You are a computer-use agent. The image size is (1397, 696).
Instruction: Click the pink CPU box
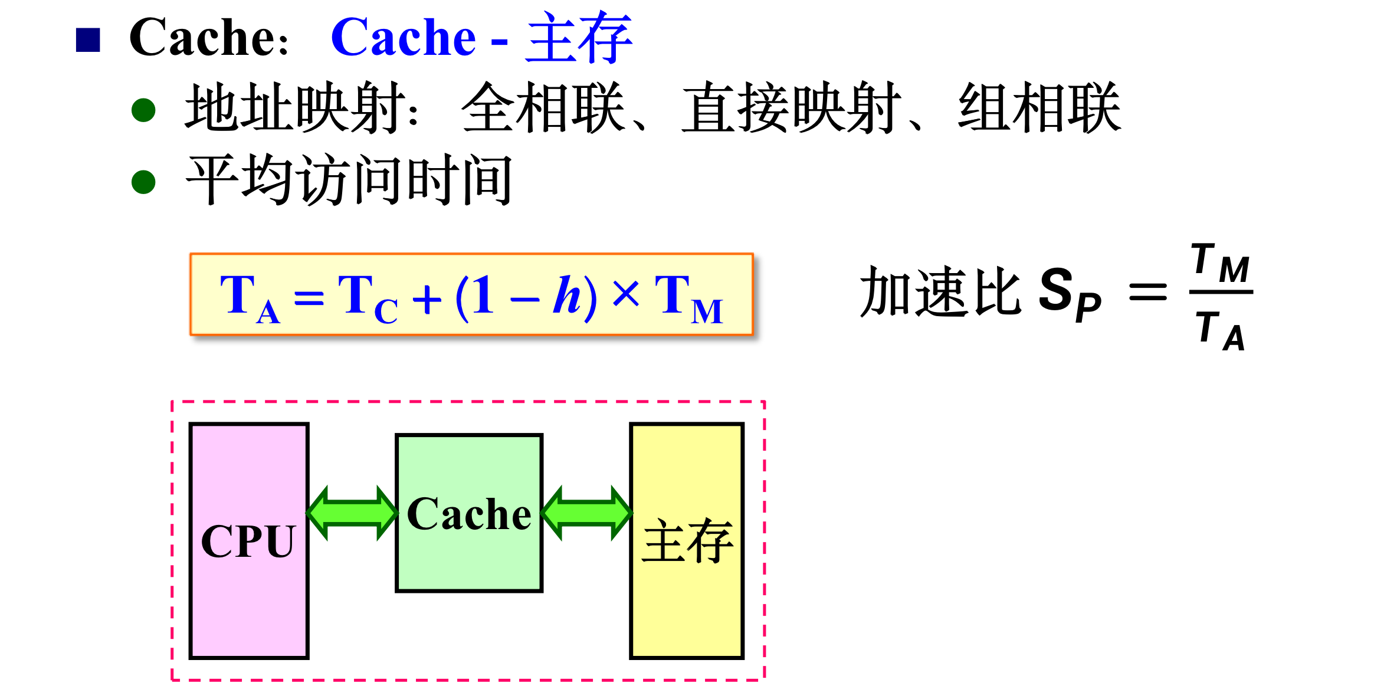[249, 540]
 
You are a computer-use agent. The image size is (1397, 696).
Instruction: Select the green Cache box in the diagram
[469, 513]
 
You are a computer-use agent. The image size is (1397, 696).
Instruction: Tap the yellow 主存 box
[687, 540]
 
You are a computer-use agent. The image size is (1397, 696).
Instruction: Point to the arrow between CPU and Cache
[352, 513]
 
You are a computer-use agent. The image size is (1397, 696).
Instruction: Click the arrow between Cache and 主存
[586, 513]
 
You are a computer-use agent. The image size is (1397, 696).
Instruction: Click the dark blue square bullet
[88, 40]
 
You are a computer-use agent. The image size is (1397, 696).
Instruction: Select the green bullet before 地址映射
[143, 110]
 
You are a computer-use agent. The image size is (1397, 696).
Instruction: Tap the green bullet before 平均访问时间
[143, 182]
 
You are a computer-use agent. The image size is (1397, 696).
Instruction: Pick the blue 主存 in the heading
[579, 38]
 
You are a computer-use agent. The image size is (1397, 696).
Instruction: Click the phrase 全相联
[543, 108]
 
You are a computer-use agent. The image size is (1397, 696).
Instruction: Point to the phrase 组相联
[1039, 108]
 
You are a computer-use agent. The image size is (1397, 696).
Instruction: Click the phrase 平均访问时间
[349, 180]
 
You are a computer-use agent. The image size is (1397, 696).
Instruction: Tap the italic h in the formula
[567, 294]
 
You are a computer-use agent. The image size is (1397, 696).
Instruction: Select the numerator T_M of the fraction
[1221, 263]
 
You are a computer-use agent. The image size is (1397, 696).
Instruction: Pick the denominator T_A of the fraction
[1221, 331]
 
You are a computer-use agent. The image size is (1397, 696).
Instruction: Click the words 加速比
[940, 291]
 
